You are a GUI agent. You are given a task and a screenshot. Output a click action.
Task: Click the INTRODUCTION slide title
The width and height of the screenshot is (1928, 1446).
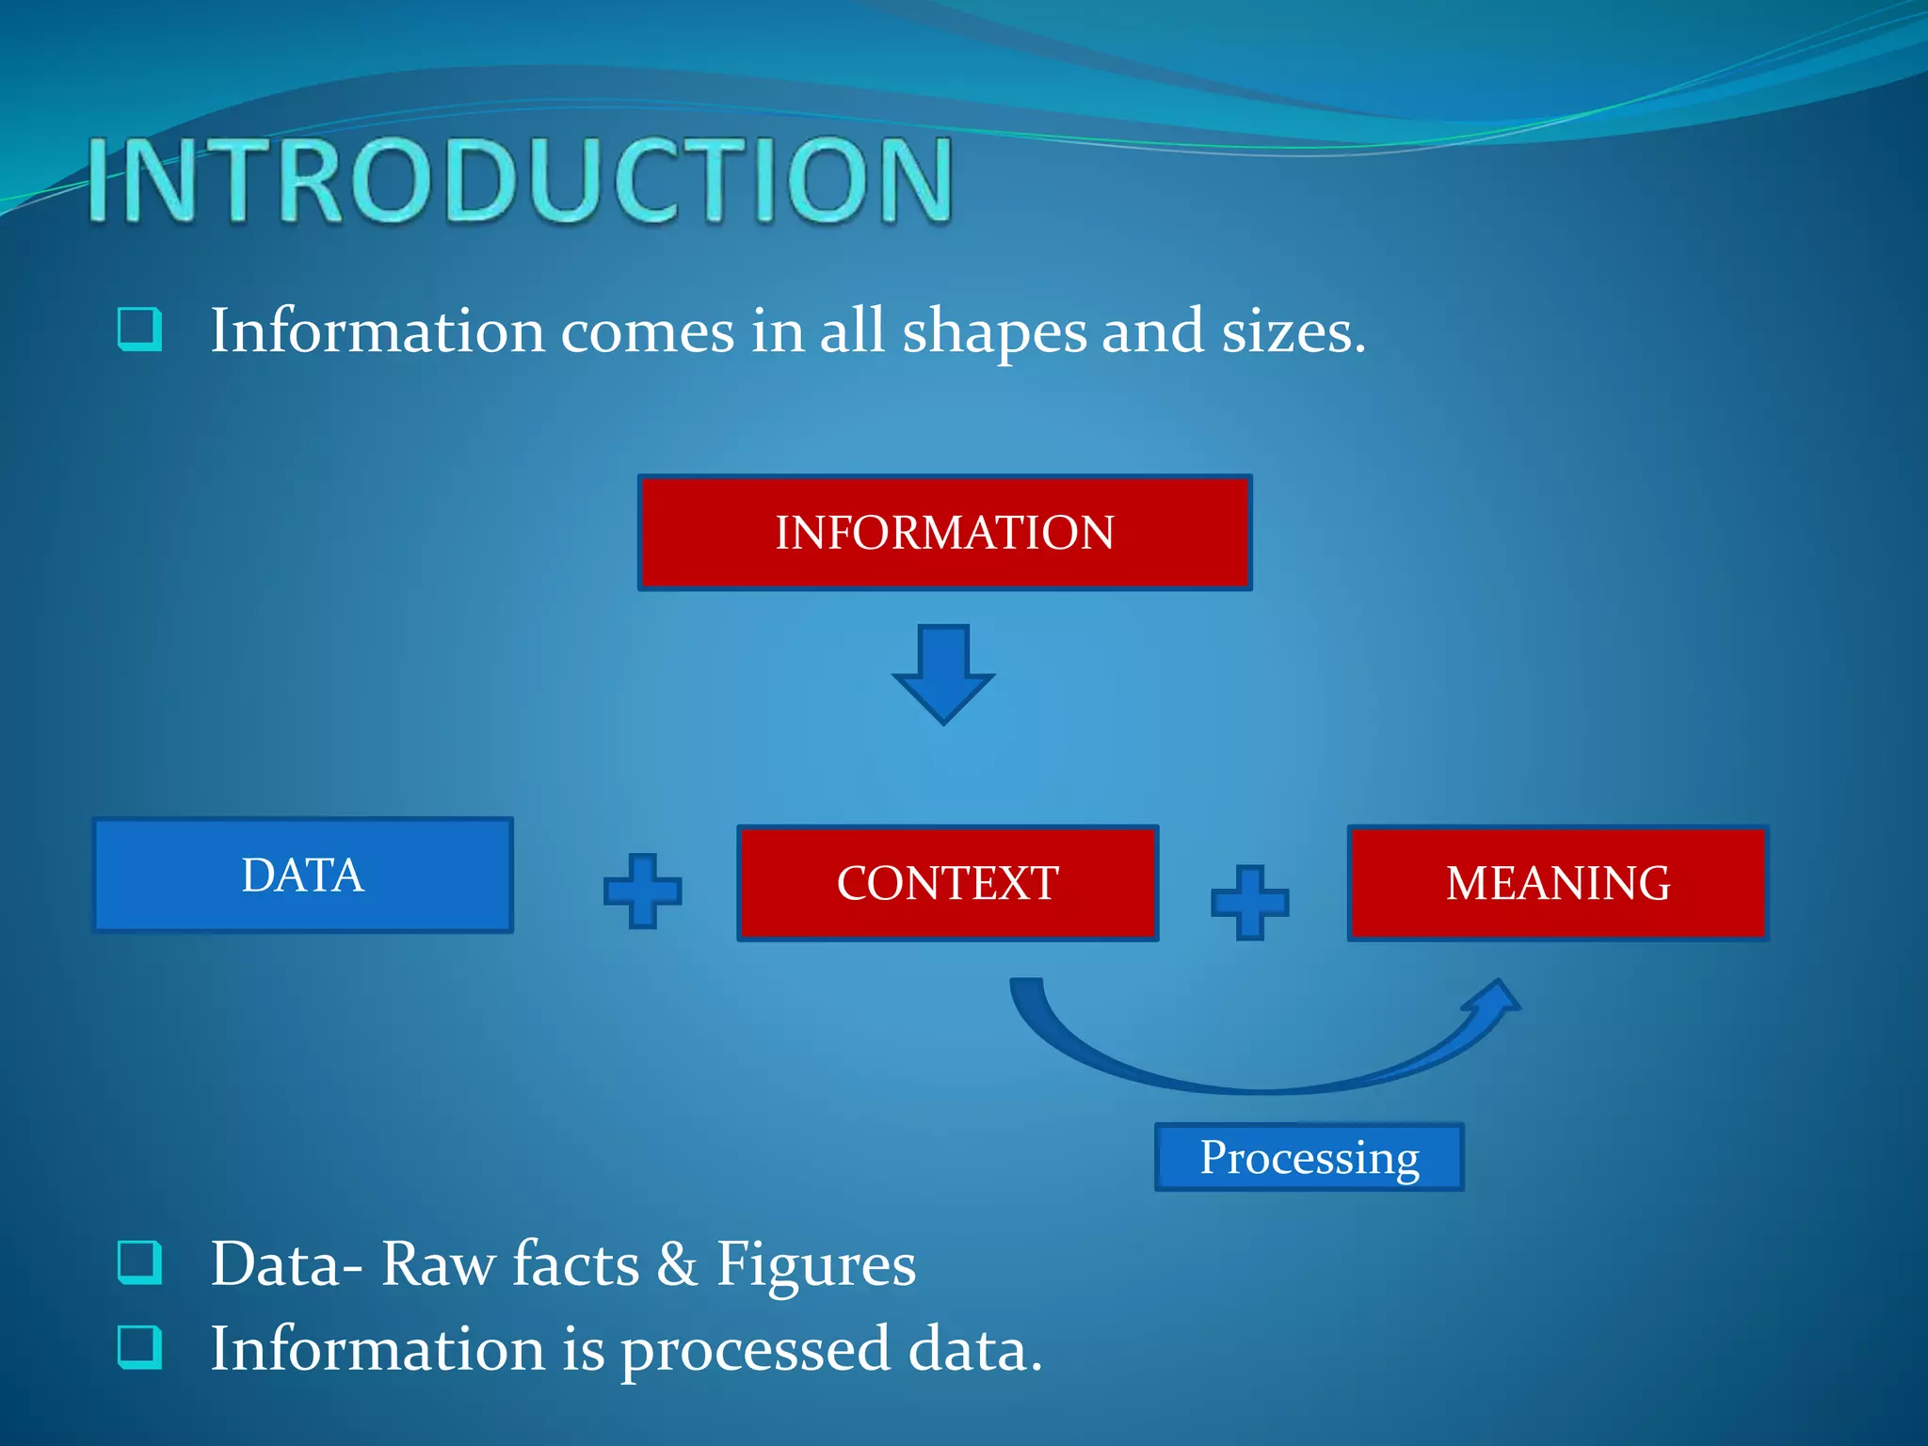point(520,179)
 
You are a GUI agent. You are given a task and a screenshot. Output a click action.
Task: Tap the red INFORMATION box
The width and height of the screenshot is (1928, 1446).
point(944,533)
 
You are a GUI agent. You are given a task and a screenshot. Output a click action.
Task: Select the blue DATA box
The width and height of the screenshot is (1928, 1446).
point(302,876)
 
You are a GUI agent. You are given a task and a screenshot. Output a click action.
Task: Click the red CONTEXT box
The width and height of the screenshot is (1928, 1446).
point(947,883)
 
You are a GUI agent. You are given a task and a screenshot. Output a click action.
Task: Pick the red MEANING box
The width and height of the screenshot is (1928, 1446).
point(1558,883)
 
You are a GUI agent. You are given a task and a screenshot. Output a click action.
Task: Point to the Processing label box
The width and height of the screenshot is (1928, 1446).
point(1309,1157)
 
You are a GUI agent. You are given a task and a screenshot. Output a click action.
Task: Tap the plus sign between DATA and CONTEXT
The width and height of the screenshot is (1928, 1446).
point(643,891)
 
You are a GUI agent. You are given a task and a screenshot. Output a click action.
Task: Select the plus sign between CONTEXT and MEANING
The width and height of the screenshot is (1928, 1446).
point(1249,902)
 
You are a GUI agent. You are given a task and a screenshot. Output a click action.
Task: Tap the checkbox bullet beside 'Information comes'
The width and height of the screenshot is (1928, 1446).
point(139,329)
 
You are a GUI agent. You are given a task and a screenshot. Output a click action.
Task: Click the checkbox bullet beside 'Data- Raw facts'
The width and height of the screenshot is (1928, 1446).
point(139,1263)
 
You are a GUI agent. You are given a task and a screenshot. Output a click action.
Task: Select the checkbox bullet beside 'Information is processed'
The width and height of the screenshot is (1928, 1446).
point(139,1347)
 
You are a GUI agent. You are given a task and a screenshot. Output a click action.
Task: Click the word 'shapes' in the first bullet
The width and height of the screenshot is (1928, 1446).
point(994,333)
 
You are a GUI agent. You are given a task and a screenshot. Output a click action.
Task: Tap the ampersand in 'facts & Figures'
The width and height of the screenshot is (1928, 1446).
point(677,1263)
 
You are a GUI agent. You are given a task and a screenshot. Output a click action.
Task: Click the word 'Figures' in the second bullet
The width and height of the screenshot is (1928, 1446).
point(815,1263)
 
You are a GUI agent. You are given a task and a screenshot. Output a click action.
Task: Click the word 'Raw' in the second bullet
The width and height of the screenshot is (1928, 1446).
point(438,1263)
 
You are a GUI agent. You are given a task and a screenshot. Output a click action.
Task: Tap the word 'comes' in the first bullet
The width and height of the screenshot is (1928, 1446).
point(648,333)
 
